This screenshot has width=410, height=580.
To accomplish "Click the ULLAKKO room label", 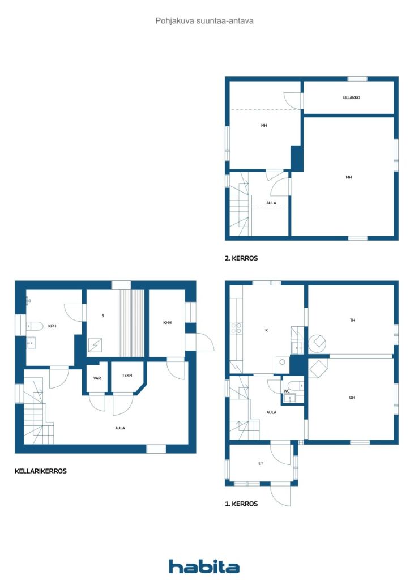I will tap(351, 97).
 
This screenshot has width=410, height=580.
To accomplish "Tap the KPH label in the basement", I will tap(52, 326).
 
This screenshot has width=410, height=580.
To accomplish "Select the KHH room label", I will tap(167, 323).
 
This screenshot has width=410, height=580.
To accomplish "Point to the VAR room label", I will tap(97, 378).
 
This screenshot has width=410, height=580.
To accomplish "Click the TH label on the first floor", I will tap(352, 320).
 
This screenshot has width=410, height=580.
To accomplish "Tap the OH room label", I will tap(352, 398).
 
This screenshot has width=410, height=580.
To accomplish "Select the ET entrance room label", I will tap(260, 463).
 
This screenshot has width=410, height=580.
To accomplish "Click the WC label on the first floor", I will tap(287, 390).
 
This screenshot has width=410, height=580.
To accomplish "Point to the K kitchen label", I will tap(266, 330).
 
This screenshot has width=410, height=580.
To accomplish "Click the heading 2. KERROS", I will tap(241, 258).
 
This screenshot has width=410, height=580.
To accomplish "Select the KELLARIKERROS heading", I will tap(41, 471).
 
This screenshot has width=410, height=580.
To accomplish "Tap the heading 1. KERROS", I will tap(241, 503).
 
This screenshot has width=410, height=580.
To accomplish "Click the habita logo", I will tap(204, 566).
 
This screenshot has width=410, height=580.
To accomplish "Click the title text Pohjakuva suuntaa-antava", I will tap(204, 20).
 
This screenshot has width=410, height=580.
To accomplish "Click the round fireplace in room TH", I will tap(318, 343).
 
